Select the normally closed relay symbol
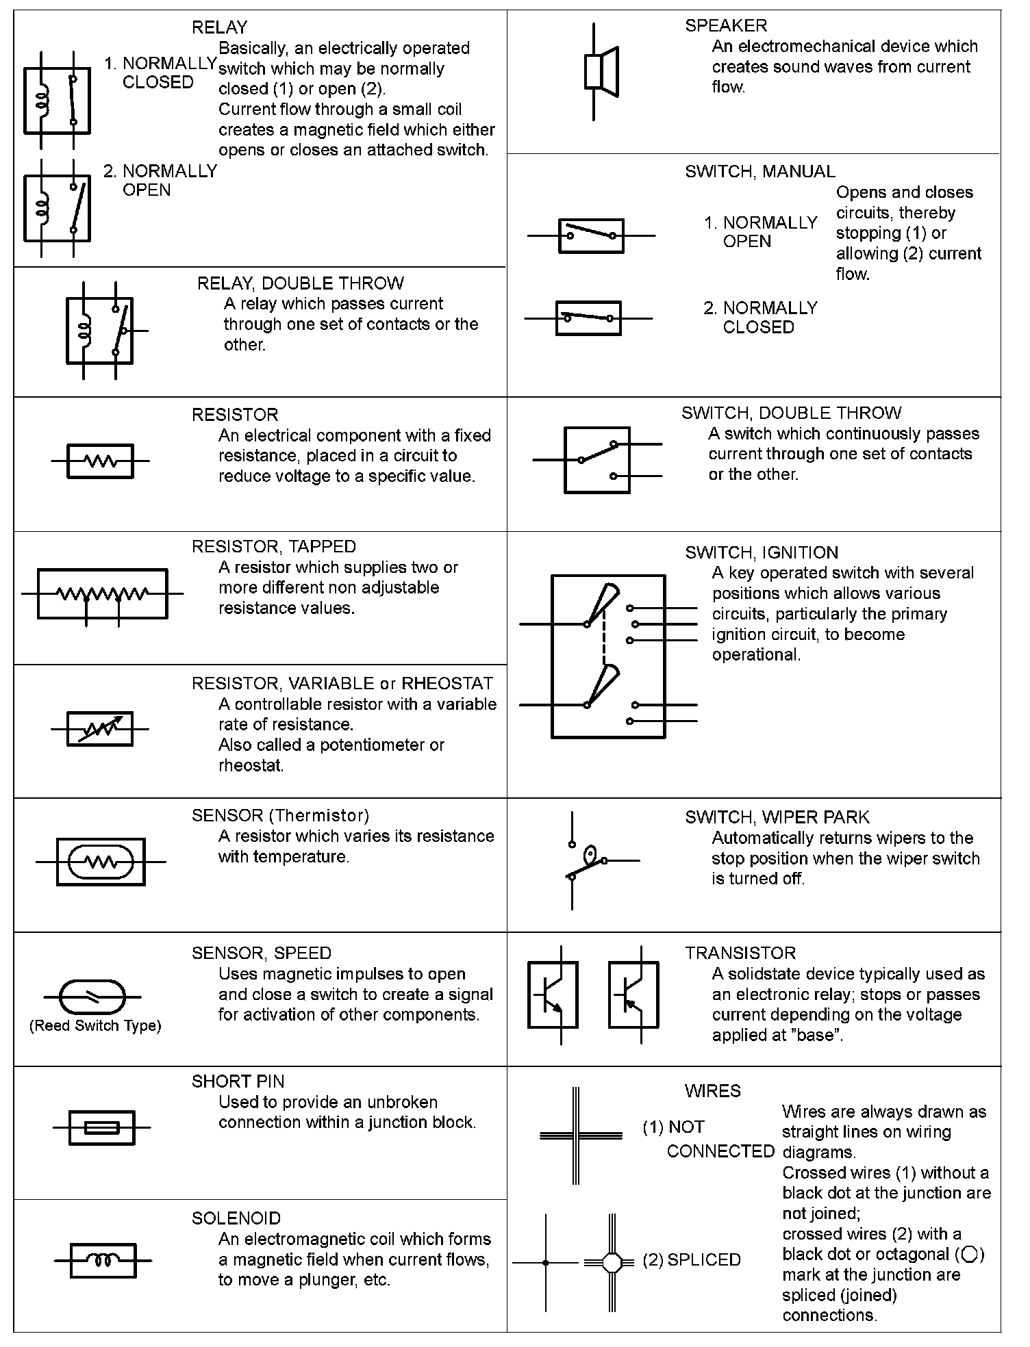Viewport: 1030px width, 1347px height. [x=57, y=100]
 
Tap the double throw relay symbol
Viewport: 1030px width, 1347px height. [x=100, y=331]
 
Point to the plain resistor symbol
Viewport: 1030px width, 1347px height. [x=100, y=461]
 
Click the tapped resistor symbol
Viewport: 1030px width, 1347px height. [x=102, y=594]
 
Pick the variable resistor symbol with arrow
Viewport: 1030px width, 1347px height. [x=100, y=728]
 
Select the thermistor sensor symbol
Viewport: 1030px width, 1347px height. [x=101, y=862]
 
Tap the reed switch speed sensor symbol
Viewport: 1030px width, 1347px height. [x=94, y=997]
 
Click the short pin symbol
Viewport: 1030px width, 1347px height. [x=102, y=1127]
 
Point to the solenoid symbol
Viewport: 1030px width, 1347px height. [x=103, y=1260]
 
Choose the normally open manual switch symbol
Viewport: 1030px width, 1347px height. [x=591, y=235]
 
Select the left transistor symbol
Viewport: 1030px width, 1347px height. [x=553, y=995]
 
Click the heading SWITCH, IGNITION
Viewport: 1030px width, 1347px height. [x=762, y=552]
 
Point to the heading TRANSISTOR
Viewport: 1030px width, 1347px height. [x=740, y=953]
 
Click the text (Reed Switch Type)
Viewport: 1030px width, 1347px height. [x=95, y=1025]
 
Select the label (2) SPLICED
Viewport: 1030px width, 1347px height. [x=691, y=1260]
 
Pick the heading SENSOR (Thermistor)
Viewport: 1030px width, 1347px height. [x=280, y=815]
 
